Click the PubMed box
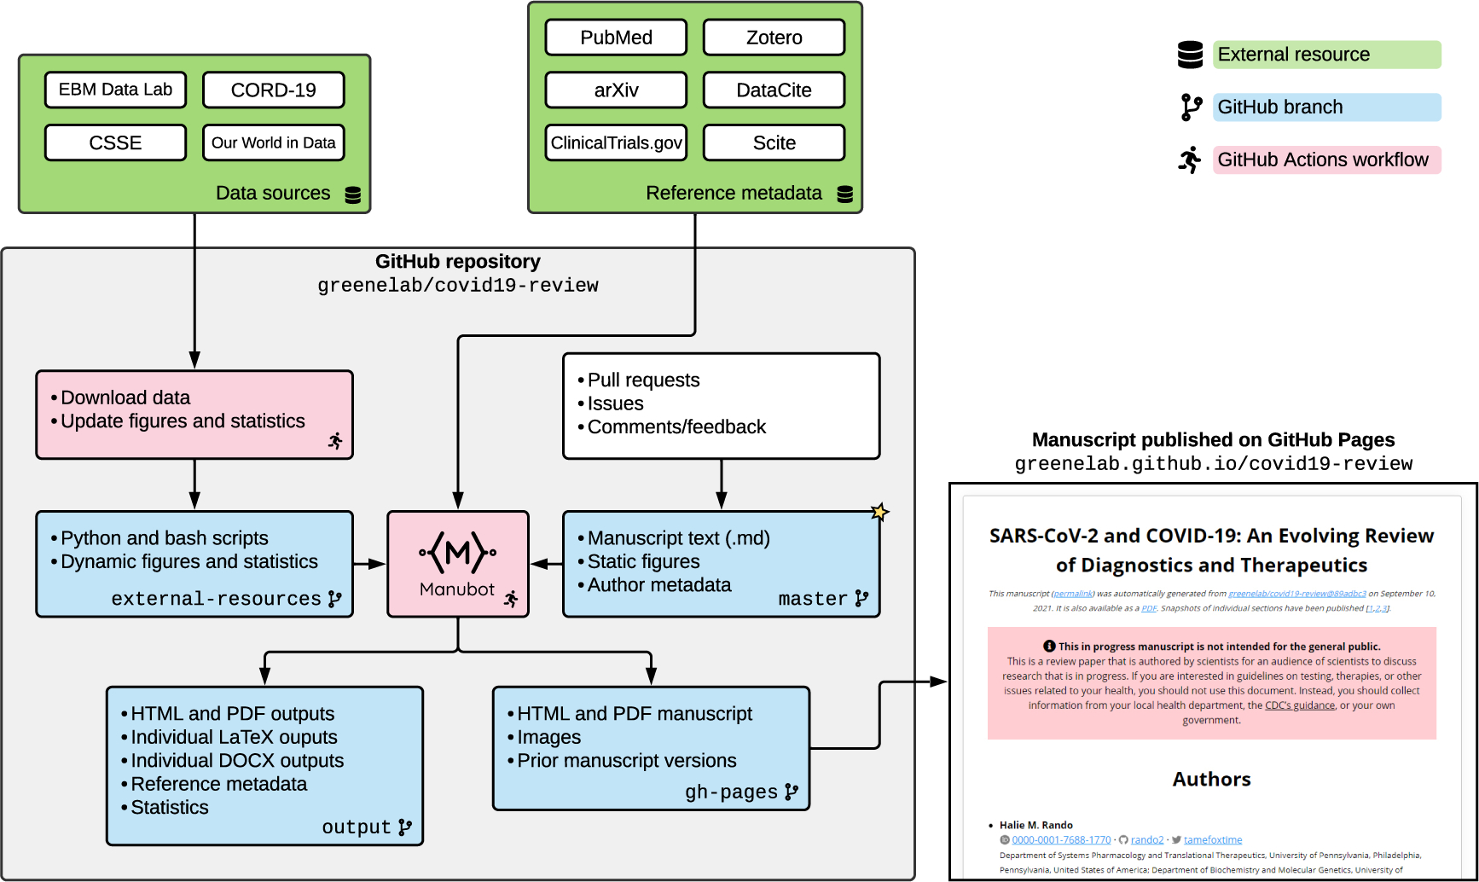[x=616, y=38]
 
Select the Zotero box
[x=774, y=38]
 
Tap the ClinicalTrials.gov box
[x=616, y=142]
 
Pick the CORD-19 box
[x=273, y=90]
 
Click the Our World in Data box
[x=273, y=142]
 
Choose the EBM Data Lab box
[x=115, y=90]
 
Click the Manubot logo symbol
[x=457, y=553]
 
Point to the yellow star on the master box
[x=879, y=512]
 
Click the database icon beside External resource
[x=1190, y=55]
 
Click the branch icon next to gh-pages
[x=792, y=792]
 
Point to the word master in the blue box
[x=812, y=599]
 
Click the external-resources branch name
[x=216, y=599]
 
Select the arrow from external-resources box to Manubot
[x=369, y=564]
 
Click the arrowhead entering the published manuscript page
[x=939, y=682]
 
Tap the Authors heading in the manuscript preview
[x=1211, y=779]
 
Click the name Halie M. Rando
[x=1035, y=825]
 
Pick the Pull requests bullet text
[x=643, y=380]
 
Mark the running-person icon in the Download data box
[x=335, y=440]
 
